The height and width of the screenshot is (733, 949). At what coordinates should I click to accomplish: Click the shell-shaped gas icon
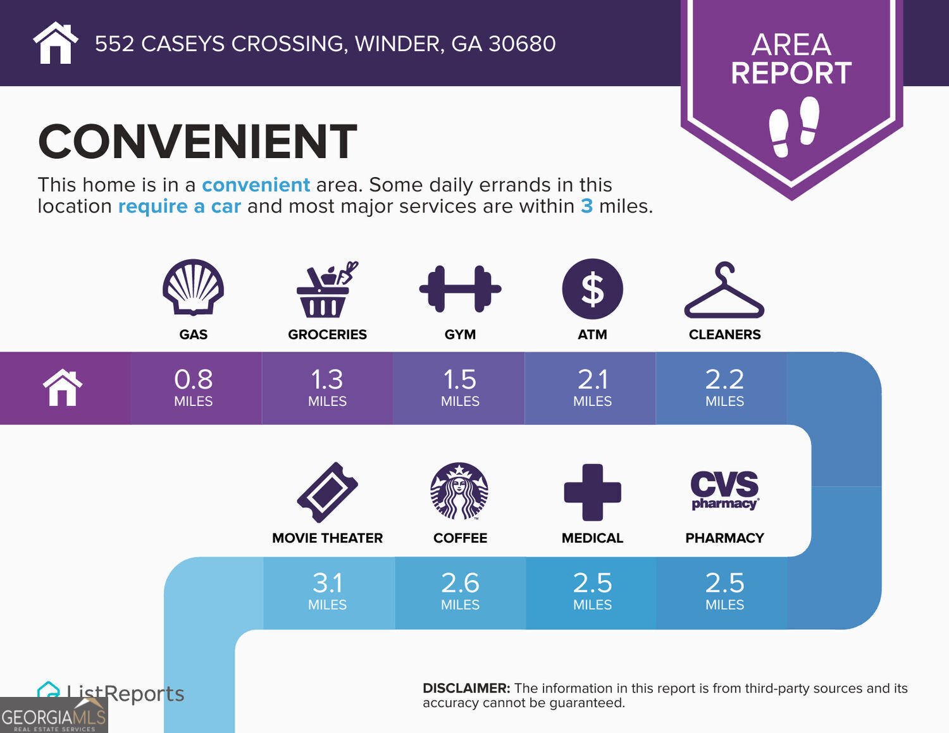point(193,288)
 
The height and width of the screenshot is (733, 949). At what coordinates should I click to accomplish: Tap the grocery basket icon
point(325,290)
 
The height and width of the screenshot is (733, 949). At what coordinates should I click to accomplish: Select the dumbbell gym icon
point(460,289)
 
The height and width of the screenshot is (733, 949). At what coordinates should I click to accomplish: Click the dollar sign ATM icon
point(592,289)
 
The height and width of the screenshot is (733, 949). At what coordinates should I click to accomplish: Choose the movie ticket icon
point(327,493)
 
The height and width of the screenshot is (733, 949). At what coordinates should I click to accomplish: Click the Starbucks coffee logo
point(459,491)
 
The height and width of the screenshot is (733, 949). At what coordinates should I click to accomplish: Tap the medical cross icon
point(592,492)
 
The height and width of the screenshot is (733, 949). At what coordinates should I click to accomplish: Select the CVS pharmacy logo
point(724,490)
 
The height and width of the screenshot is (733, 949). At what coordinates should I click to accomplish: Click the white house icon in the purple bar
point(63,387)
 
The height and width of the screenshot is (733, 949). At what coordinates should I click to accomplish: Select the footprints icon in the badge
point(793,126)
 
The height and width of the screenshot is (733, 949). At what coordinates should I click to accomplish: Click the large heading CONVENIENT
point(197,142)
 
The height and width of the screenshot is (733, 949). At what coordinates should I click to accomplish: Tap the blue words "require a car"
point(180,206)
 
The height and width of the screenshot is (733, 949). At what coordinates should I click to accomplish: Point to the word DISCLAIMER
point(466,688)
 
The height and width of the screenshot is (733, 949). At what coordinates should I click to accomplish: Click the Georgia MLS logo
point(54,716)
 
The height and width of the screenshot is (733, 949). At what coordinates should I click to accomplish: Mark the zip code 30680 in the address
point(522,44)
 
